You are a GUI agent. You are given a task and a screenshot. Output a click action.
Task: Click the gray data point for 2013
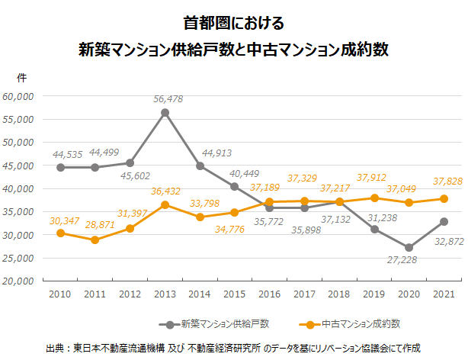165,113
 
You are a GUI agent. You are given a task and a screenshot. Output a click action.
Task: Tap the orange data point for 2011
95,239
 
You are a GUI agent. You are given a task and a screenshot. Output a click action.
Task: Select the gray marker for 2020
409,247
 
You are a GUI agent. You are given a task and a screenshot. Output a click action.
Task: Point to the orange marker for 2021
444,198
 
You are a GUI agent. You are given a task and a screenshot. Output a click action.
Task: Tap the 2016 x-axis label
270,294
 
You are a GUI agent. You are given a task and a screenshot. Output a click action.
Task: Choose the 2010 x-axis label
59,294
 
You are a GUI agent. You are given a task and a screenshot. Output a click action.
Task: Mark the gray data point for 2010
59,168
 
